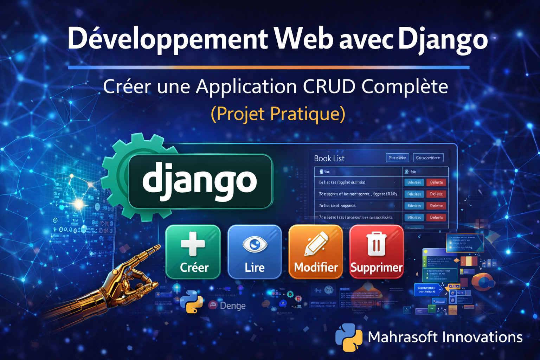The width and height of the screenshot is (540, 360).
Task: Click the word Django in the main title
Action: pyautogui.click(x=443, y=39)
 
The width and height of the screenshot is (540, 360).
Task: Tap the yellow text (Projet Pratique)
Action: pyautogui.click(x=278, y=114)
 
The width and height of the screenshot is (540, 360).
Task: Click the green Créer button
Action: pyautogui.click(x=193, y=252)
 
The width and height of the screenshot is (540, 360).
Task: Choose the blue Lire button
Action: pyautogui.click(x=255, y=252)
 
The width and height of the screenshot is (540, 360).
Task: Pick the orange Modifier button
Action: pyautogui.click(x=316, y=252)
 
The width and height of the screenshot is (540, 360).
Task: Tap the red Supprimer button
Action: pyautogui.click(x=377, y=252)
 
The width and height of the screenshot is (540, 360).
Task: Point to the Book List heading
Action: pyautogui.click(x=329, y=159)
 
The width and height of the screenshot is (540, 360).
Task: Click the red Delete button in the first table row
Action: pyautogui.click(x=436, y=182)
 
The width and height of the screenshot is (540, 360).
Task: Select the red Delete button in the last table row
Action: pyautogui.click(x=436, y=218)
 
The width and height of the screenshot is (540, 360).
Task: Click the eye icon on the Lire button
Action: pyautogui.click(x=255, y=244)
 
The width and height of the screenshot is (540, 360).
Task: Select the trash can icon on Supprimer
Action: pyautogui.click(x=377, y=243)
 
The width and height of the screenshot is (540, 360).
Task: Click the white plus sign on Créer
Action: pyautogui.click(x=193, y=243)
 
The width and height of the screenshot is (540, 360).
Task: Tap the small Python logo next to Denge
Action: pyautogui.click(x=192, y=302)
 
